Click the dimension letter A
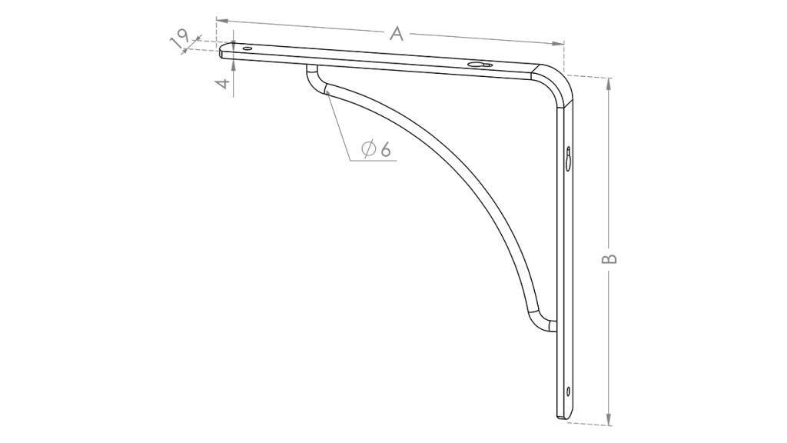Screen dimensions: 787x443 pyautogui.click(x=397, y=34)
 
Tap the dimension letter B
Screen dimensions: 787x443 pyautogui.click(x=609, y=258)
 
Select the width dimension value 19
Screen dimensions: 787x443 pyautogui.click(x=180, y=38)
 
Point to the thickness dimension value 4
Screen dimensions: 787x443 pyautogui.click(x=227, y=82)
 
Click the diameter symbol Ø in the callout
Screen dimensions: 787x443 pyautogui.click(x=369, y=148)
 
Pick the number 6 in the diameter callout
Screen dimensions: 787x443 pyautogui.click(x=385, y=149)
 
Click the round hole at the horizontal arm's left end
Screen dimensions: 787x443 pyautogui.click(x=247, y=48)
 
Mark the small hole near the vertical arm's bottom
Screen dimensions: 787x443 pyautogui.click(x=568, y=391)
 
